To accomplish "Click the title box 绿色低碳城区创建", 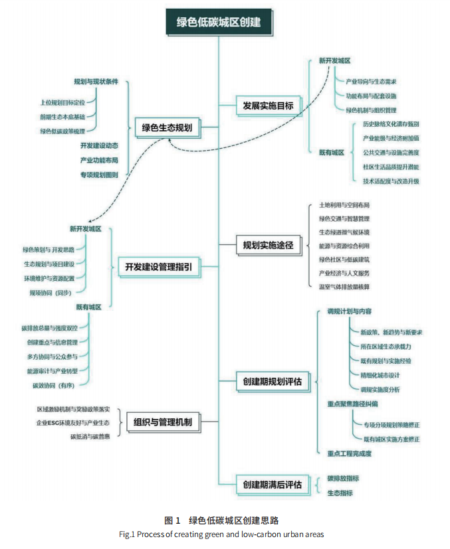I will [x=218, y=22].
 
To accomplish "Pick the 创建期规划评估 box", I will [x=269, y=381].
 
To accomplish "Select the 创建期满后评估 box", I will [x=269, y=485].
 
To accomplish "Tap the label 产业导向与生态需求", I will [x=371, y=82].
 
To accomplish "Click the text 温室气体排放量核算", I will [x=345, y=286].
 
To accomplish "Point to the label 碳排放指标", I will [x=344, y=478].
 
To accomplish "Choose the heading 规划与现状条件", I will [x=96, y=82].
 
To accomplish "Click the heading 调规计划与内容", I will [x=349, y=311].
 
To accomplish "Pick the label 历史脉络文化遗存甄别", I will [x=391, y=124].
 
